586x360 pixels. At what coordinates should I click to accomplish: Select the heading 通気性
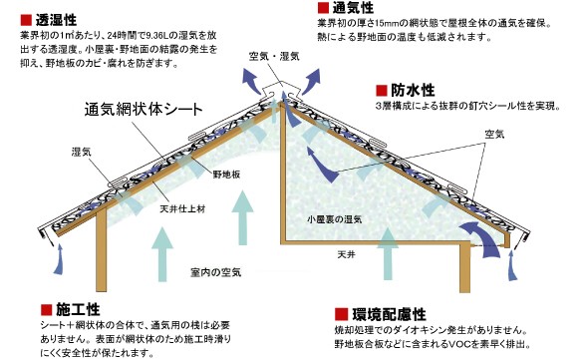click(x=354, y=8)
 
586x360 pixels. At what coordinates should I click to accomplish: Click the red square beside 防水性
click(x=383, y=89)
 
